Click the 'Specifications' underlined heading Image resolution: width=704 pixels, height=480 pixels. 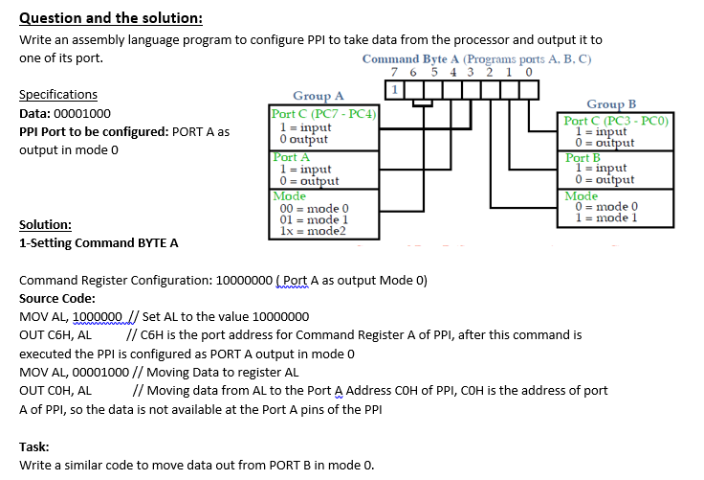[58, 95]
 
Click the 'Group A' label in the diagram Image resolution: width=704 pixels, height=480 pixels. [319, 96]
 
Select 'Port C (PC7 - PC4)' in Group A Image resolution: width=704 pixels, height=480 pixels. [324, 115]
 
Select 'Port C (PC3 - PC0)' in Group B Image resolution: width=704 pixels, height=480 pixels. [617, 121]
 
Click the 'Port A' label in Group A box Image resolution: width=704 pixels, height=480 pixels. [292, 156]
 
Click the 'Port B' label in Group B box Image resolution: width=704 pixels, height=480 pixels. [583, 158]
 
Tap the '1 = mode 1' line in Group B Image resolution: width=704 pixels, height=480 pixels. [604, 217]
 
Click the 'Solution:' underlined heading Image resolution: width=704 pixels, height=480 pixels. [45, 225]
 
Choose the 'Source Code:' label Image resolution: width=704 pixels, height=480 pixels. [57, 299]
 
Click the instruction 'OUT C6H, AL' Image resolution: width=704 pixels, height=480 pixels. [55, 335]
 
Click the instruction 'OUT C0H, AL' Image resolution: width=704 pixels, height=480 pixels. [55, 390]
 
